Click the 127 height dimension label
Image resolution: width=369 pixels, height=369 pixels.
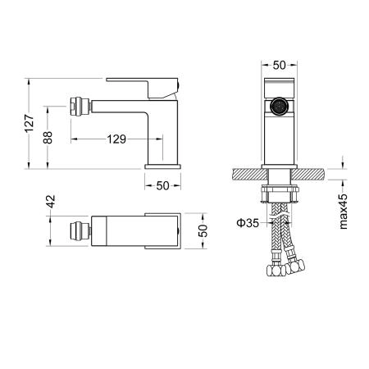(x=30, y=124)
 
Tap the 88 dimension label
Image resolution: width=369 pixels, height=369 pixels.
(x=48, y=138)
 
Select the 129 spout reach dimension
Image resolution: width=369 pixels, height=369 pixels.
(x=116, y=139)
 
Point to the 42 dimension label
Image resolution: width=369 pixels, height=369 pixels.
(x=51, y=202)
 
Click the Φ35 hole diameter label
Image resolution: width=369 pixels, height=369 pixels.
(x=248, y=223)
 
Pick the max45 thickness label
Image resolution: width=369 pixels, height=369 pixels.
(x=343, y=212)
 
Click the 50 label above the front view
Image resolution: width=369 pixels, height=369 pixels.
(x=279, y=65)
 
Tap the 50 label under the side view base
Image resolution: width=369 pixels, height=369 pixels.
(x=162, y=186)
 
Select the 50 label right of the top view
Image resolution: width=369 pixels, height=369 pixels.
(x=203, y=230)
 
